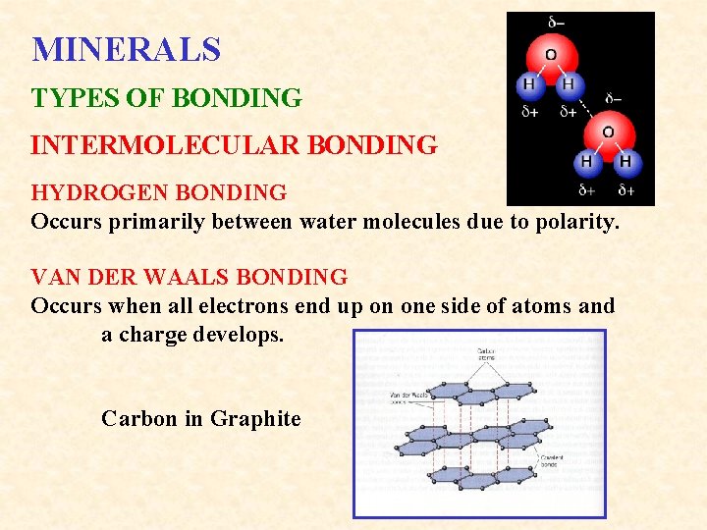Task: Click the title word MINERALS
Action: [126, 49]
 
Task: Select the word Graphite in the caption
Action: [255, 419]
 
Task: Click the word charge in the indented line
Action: [156, 335]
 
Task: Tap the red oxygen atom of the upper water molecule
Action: [551, 56]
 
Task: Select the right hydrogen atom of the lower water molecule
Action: [625, 161]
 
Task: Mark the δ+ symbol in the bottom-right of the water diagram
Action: [626, 189]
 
